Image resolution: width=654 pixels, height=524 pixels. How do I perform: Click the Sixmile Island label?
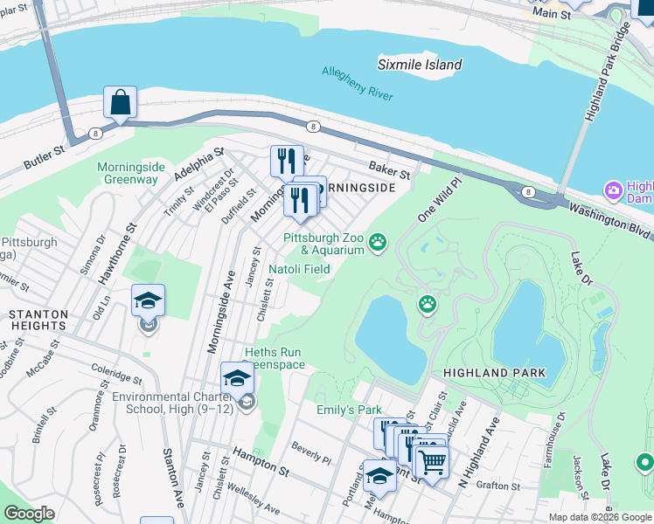pos(420,65)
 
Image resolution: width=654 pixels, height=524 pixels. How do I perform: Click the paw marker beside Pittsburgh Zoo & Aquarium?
pos(378,242)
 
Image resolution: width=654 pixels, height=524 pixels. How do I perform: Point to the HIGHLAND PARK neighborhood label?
pos(494,373)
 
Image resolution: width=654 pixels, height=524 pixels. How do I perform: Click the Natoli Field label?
pos(299,269)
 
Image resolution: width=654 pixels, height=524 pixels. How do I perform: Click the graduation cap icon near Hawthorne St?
pos(148,301)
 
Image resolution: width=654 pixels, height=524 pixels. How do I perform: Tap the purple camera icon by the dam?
pos(613,190)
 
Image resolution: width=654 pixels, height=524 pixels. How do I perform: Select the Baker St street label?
pos(389,167)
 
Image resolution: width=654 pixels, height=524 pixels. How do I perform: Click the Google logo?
pos(29,514)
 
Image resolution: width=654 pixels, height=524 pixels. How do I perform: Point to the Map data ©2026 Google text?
pos(599,517)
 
